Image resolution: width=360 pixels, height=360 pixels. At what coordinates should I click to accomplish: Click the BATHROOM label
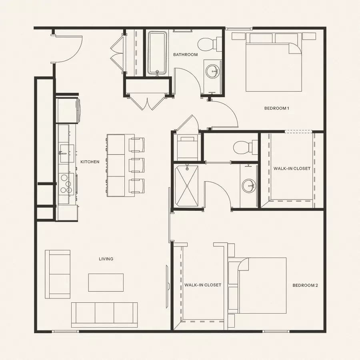pyautogui.click(x=185, y=54)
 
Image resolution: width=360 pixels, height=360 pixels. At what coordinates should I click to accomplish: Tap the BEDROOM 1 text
pyautogui.click(x=276, y=108)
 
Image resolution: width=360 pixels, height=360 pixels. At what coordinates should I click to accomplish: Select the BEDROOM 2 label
pyautogui.click(x=305, y=285)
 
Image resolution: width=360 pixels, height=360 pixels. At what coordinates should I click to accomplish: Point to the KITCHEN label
pyautogui.click(x=90, y=162)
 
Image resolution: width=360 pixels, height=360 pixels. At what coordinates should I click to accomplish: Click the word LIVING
pyautogui.click(x=106, y=259)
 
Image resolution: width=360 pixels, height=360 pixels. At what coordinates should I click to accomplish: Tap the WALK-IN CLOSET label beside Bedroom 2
pyautogui.click(x=203, y=285)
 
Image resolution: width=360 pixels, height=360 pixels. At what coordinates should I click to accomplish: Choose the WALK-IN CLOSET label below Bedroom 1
pyautogui.click(x=292, y=168)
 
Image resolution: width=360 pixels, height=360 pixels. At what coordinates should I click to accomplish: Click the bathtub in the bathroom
pyautogui.click(x=156, y=53)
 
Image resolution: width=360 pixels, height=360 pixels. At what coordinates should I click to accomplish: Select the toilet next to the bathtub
pyautogui.click(x=210, y=44)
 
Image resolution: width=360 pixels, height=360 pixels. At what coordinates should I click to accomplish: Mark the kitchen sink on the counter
pyautogui.click(x=66, y=153)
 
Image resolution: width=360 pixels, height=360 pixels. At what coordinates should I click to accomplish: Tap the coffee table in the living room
pyautogui.click(x=106, y=282)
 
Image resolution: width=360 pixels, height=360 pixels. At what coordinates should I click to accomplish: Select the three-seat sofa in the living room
pyautogui.click(x=104, y=315)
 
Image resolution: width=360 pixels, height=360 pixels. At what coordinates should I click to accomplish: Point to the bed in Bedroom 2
pyautogui.click(x=262, y=285)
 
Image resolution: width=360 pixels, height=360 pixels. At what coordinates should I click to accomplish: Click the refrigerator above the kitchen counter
pyautogui.click(x=68, y=110)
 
